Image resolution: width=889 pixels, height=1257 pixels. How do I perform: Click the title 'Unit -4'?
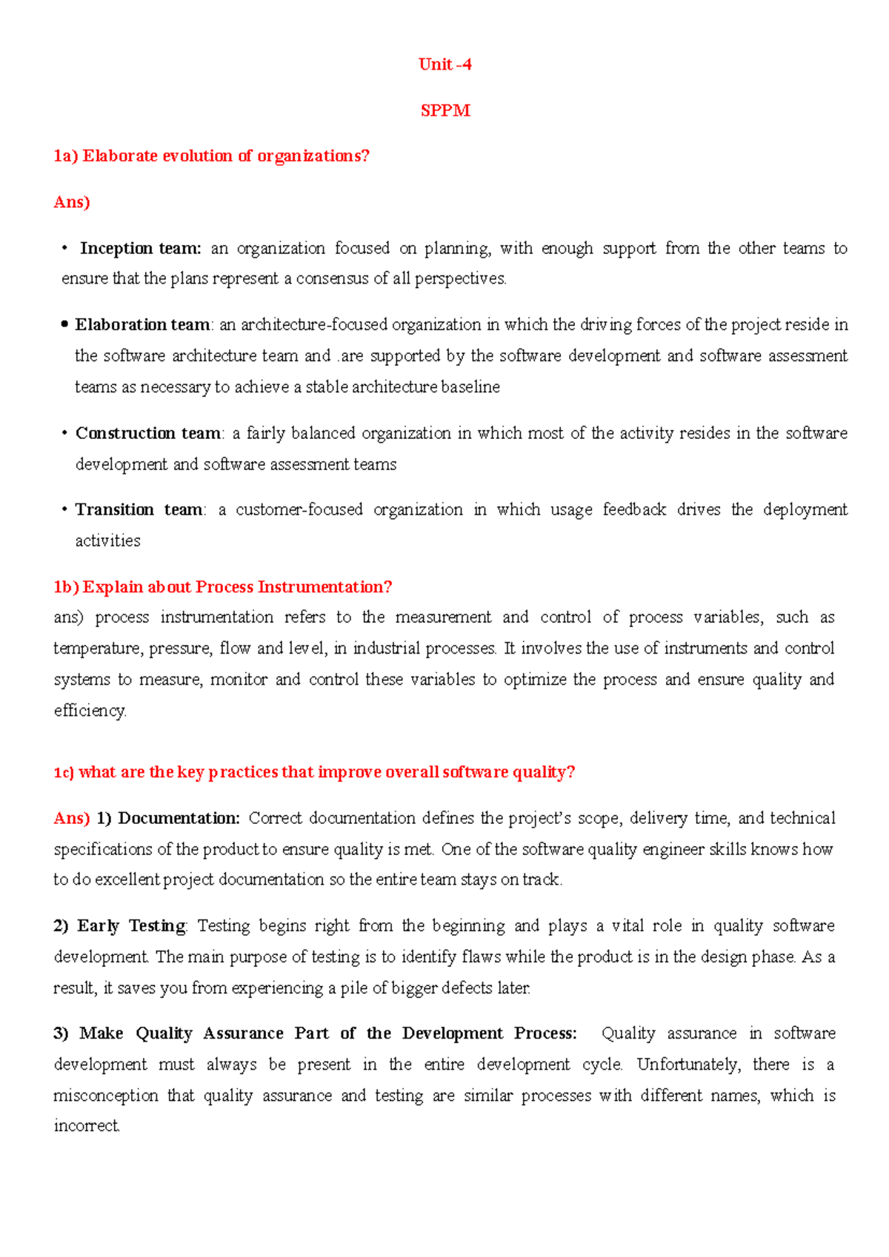[x=444, y=64]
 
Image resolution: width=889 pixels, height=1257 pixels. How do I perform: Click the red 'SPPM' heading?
[x=444, y=110]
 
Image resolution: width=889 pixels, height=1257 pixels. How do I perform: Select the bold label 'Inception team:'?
[x=140, y=248]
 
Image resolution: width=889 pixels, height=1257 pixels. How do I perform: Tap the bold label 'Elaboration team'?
[x=142, y=325]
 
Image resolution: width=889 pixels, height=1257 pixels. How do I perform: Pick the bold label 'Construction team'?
[x=148, y=433]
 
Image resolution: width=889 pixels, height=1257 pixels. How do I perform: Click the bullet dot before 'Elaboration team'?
[x=65, y=324]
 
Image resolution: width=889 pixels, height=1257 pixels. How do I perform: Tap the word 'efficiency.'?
[x=90, y=711]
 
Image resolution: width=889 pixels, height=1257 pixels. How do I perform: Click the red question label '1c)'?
[x=64, y=772]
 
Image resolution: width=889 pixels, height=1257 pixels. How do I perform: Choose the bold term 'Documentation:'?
[x=179, y=818]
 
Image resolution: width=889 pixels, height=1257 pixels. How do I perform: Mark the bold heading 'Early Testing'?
[x=131, y=926]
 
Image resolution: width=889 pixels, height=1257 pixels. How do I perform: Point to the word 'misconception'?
[x=105, y=1096]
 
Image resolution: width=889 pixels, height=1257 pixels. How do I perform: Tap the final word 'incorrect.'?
[x=87, y=1126]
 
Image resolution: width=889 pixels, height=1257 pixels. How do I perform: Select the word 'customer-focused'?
[x=299, y=509]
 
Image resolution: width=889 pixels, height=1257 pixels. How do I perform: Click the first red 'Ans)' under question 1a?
[x=72, y=202]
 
